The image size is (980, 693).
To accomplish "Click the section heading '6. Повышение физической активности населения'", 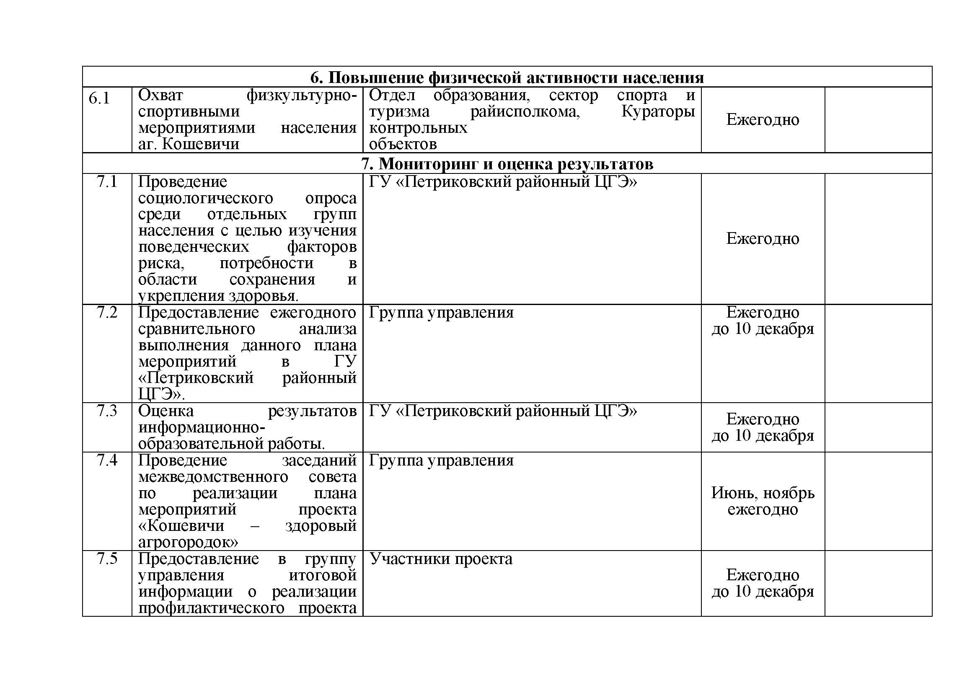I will coord(507,78).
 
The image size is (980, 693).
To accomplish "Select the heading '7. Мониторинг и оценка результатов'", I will coord(507,164).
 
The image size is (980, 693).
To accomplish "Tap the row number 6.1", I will coord(99,98).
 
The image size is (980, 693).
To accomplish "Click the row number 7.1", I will coord(107,182).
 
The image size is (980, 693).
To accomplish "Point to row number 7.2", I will coord(107,313).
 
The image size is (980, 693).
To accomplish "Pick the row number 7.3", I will coord(107,411).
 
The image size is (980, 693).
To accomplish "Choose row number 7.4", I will coord(107,460).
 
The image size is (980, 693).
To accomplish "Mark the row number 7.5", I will coord(107,558).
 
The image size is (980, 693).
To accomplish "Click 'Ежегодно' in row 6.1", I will coord(762,119).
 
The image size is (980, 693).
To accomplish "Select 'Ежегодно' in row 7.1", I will coord(762,238).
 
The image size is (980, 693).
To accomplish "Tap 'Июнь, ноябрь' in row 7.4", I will coord(762,493).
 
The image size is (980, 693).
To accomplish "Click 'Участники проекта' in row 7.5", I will coord(440,559).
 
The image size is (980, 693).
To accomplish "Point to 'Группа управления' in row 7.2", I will coord(441,313).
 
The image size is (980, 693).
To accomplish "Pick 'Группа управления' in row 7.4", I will coord(441,460).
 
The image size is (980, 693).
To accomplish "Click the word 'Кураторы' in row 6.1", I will coord(658,111).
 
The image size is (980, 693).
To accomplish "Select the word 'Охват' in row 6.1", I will coord(160,95).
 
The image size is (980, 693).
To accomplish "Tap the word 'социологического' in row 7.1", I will coord(205,198).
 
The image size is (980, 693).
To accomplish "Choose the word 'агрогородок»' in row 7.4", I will coord(188,542).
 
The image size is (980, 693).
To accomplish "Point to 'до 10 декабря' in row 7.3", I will coord(762,435).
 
